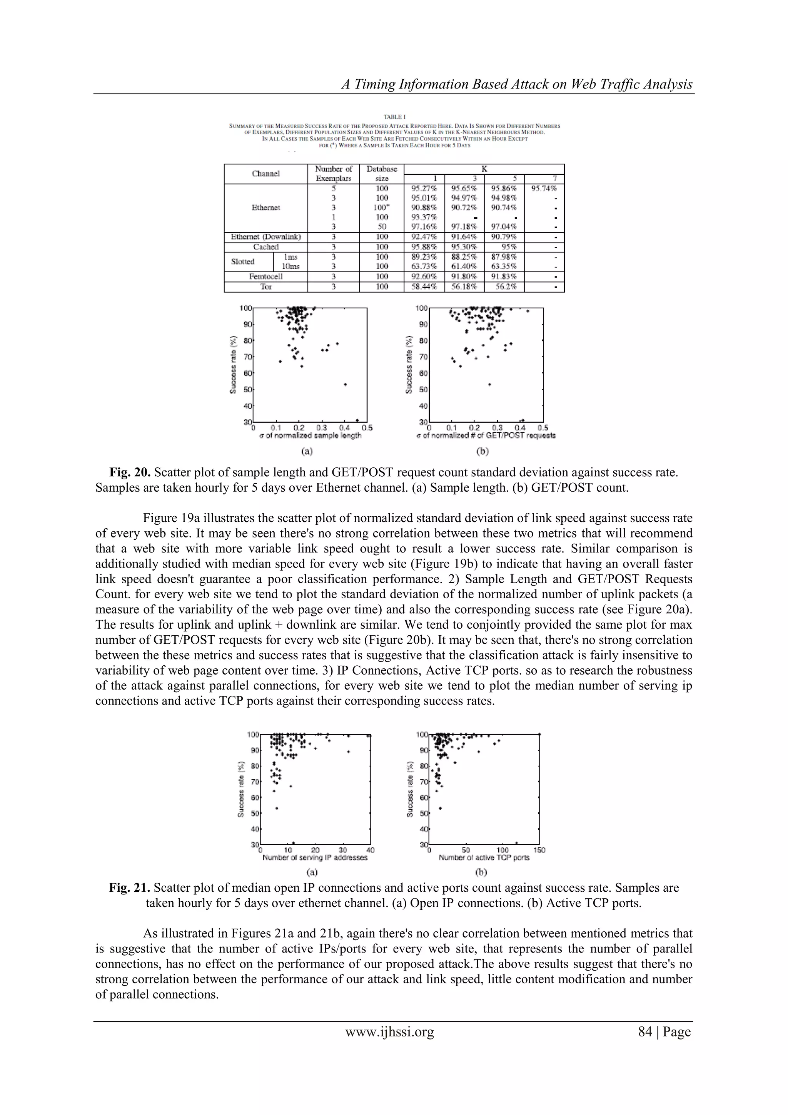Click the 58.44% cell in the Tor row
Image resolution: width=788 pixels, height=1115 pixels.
[424, 286]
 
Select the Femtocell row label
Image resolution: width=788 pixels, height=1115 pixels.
[266, 276]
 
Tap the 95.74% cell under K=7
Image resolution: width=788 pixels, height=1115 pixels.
[544, 188]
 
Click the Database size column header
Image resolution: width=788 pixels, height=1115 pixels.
[381, 173]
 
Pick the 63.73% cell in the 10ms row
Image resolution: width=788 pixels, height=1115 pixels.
[424, 266]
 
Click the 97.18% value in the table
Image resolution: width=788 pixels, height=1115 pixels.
[464, 226]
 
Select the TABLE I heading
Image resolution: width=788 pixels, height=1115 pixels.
[394, 117]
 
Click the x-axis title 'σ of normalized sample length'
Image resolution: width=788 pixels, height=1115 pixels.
[311, 435]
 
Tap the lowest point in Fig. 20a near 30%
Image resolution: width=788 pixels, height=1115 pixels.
[357, 420]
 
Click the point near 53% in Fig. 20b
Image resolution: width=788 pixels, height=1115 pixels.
[489, 384]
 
